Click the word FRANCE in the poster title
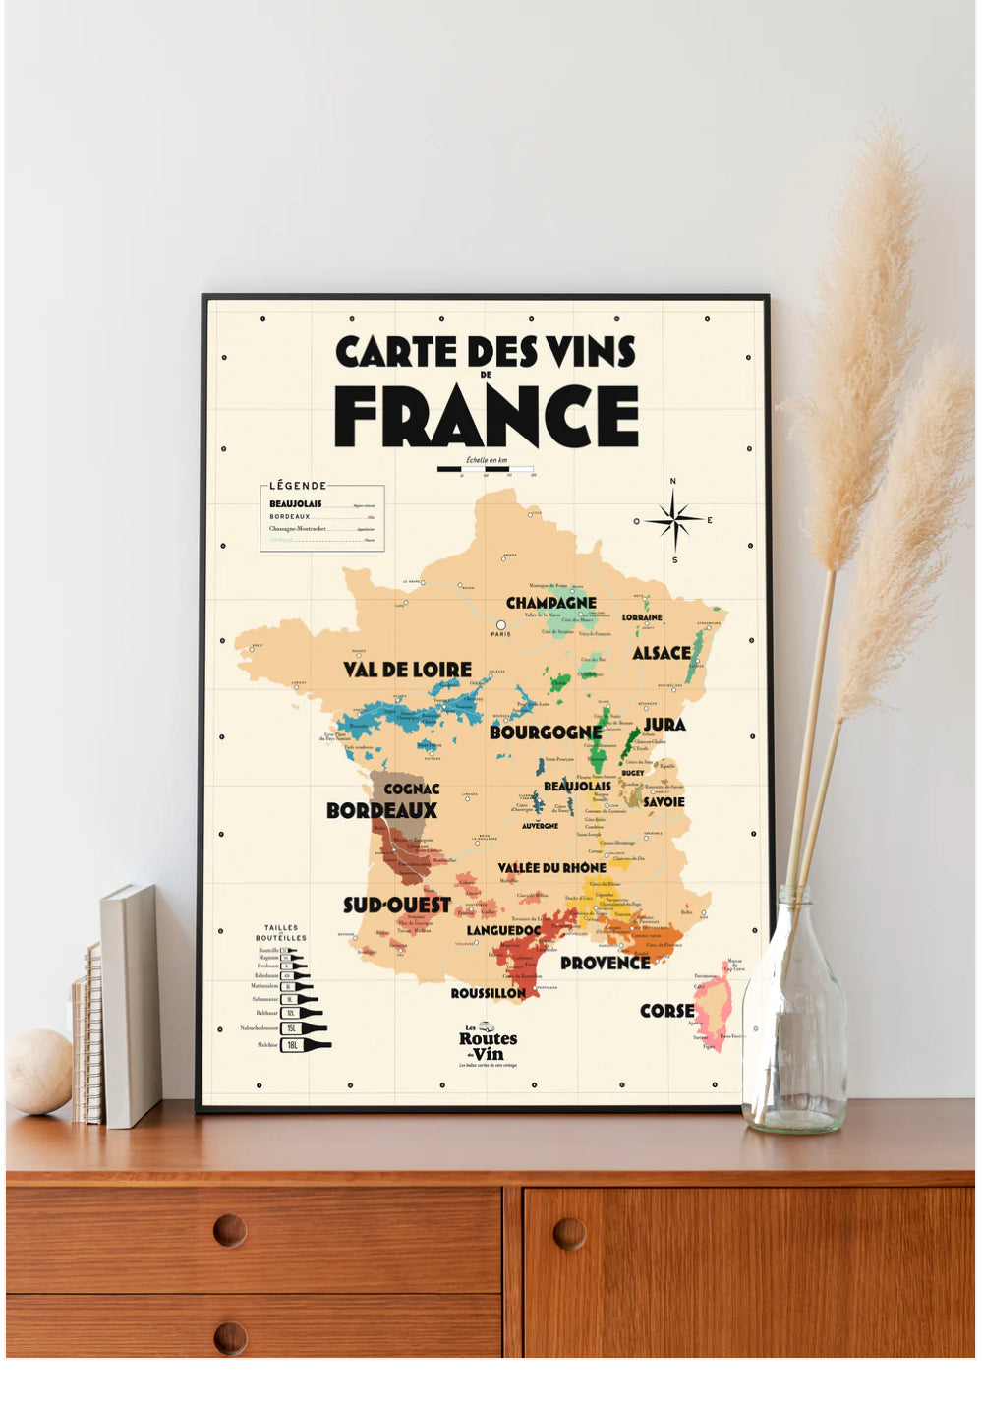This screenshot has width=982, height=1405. [x=487, y=416]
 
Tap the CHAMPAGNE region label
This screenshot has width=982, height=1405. [x=550, y=603]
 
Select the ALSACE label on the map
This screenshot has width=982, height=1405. [x=661, y=653]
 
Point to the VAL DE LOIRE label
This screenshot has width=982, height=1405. [x=407, y=670]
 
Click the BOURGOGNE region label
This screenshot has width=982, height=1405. [x=545, y=732]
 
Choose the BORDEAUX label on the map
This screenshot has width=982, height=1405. [x=381, y=811]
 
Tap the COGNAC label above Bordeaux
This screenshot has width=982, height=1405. [x=411, y=789]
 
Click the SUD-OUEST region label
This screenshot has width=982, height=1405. [x=396, y=905]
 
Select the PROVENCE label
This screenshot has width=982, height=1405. [x=605, y=963]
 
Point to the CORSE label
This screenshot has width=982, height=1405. [x=666, y=1011]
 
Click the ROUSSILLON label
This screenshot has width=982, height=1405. [x=488, y=993]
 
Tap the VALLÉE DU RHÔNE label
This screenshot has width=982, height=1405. [x=551, y=867]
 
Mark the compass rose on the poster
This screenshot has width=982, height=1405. [x=674, y=520]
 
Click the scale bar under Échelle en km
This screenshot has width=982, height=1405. [x=486, y=469]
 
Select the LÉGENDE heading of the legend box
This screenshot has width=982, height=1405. [x=297, y=486]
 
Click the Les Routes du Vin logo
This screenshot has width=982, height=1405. [x=488, y=1044]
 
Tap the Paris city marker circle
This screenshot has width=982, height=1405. [x=500, y=625]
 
